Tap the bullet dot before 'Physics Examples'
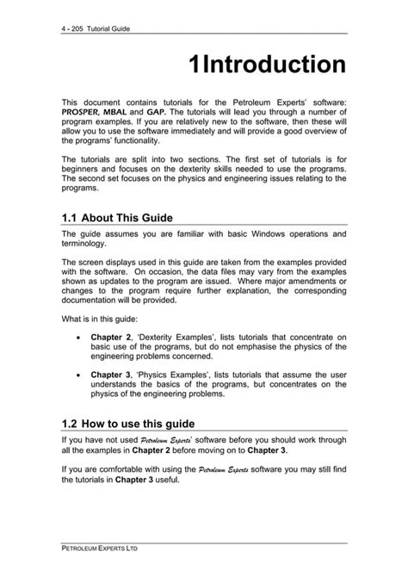(x=80, y=375)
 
